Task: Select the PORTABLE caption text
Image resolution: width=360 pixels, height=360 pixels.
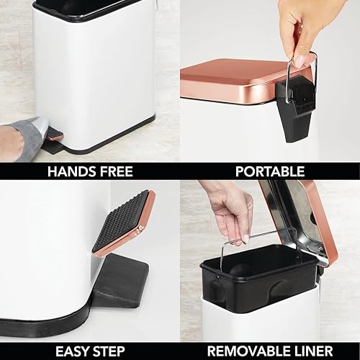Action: [x=269, y=171]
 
